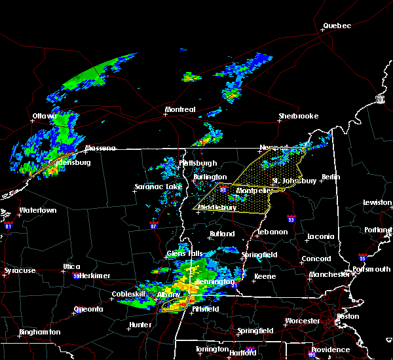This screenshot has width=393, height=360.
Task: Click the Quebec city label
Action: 337,26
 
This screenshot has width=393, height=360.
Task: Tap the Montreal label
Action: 180,109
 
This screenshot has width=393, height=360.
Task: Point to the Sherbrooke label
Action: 298,116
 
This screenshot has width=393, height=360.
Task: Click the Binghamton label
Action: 39,332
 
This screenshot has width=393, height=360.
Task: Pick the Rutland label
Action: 222,234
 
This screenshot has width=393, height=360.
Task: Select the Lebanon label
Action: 272,232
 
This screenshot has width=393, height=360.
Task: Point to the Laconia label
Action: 322,236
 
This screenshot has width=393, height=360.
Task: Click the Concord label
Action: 316,259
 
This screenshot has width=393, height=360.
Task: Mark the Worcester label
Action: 303,321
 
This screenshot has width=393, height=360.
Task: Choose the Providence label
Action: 331,350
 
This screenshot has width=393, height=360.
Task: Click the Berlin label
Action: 331,177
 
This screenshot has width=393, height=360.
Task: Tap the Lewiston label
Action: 378,203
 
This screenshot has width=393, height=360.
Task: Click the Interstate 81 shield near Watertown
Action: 9,226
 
